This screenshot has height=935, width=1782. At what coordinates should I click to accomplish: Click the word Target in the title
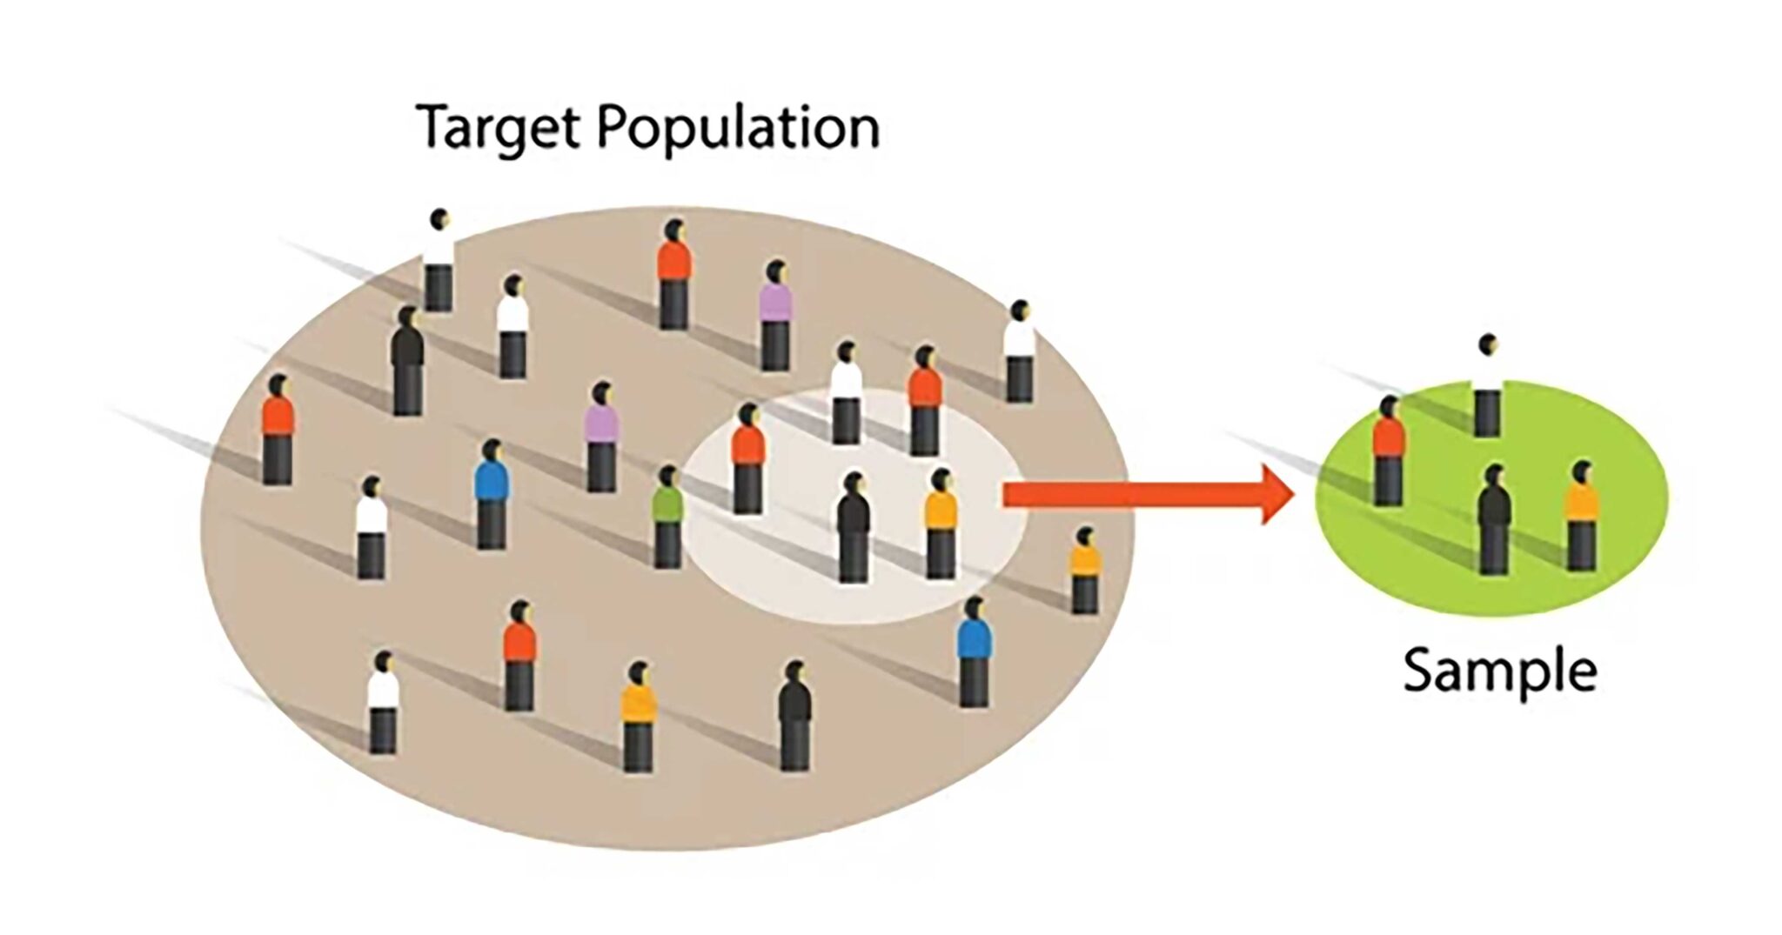click(x=499, y=129)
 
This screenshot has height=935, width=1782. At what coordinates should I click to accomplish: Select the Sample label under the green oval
click(x=1499, y=671)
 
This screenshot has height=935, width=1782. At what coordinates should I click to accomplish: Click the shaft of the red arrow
click(x=1131, y=494)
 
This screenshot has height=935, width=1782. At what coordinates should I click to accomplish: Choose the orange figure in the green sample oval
click(x=1581, y=517)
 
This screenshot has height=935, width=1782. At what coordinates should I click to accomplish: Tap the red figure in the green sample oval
click(x=1388, y=452)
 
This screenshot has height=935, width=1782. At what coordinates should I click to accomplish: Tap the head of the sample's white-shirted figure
click(x=1488, y=344)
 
